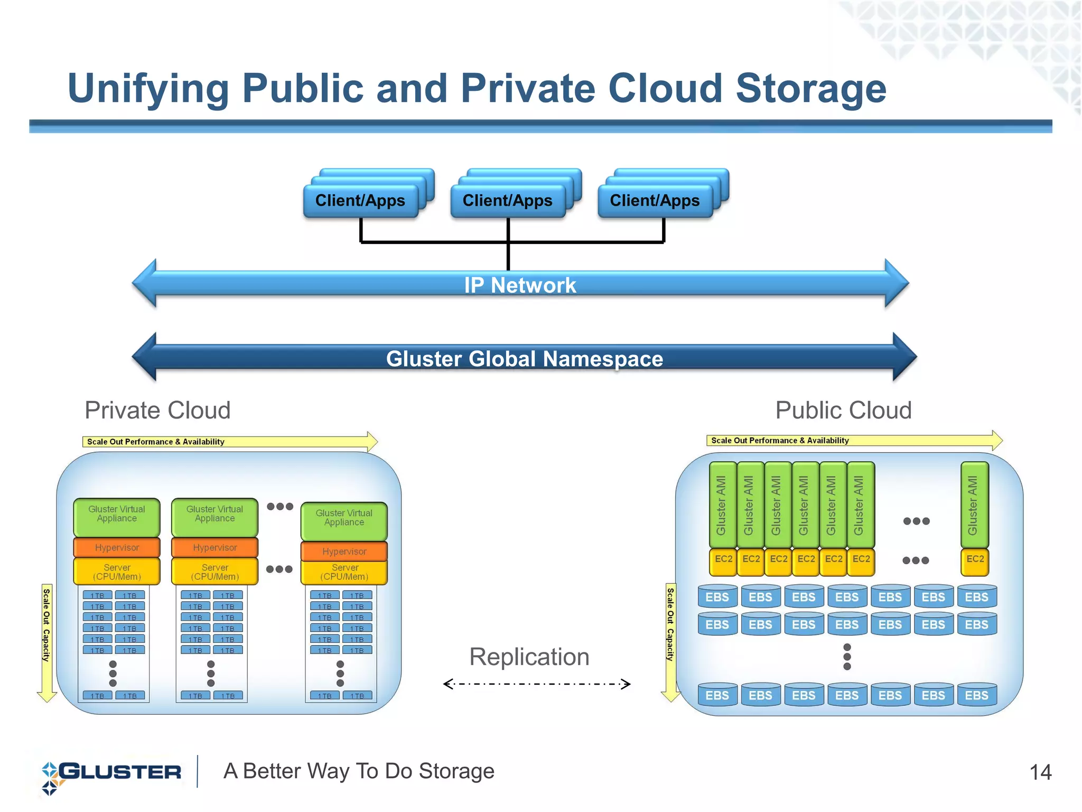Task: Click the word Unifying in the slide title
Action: tap(148, 89)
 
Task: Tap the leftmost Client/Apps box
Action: tap(360, 201)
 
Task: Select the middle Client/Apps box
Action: tap(507, 201)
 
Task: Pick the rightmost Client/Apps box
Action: tap(655, 201)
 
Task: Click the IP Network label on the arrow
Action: tap(520, 285)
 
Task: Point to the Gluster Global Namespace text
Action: tap(524, 359)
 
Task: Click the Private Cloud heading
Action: tap(157, 410)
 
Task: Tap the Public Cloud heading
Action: tap(843, 410)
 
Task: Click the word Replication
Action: tap(529, 657)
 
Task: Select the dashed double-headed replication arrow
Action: tap(536, 684)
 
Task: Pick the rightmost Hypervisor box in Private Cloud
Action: tap(344, 552)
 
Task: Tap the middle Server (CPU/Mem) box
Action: tap(215, 572)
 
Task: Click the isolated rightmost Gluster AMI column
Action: tap(974, 505)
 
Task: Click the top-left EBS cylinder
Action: tap(717, 597)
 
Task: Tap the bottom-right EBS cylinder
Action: tap(976, 695)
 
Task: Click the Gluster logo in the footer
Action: tap(111, 773)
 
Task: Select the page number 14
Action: tap(1040, 772)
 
